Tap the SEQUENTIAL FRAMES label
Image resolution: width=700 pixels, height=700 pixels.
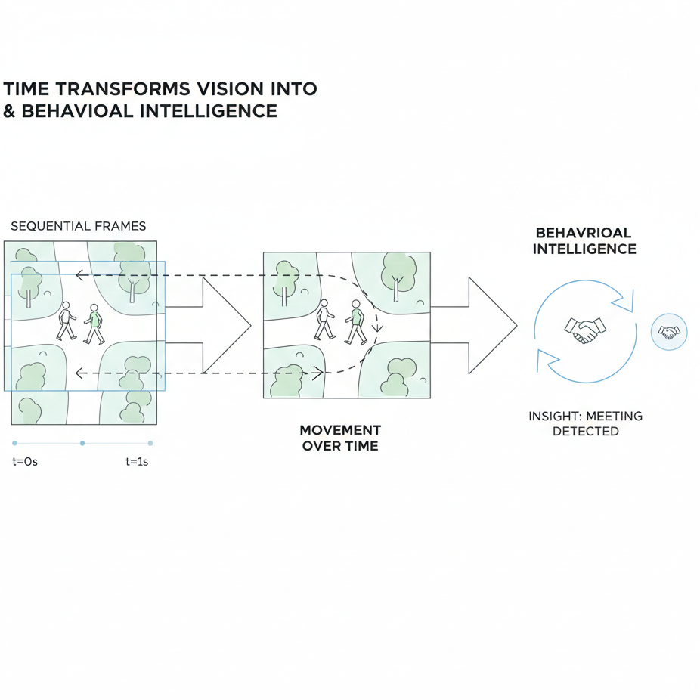coord(79,226)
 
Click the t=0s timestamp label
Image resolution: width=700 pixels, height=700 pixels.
coord(25,461)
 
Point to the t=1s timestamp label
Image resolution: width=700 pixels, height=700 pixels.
coord(137,461)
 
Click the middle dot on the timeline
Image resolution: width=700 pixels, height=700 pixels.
coord(82,443)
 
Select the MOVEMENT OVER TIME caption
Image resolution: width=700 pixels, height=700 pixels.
coord(340,438)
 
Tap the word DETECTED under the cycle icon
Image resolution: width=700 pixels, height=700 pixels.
coord(585,431)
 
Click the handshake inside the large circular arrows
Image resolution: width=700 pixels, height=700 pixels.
coord(585,330)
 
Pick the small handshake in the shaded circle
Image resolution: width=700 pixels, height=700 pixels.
coord(669,331)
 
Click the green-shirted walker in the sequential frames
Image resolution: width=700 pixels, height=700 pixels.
coord(94,324)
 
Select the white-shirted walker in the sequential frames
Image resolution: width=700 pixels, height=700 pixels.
coord(66,322)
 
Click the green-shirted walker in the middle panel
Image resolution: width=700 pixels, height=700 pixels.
coord(355,321)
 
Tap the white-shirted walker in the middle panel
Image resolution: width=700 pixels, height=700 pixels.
coord(325,319)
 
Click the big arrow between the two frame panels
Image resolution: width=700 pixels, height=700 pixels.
coord(219,325)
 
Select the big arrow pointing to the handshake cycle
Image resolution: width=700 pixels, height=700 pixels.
coord(484,325)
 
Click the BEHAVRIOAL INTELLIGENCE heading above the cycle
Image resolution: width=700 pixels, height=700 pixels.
coord(584,240)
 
